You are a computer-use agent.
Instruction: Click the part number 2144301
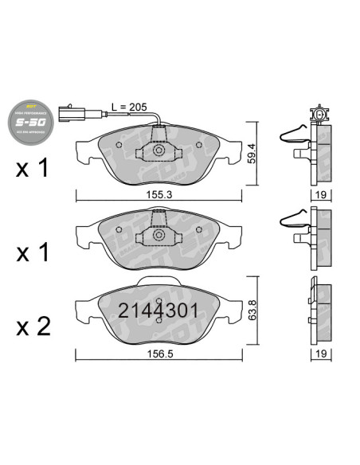[157, 311]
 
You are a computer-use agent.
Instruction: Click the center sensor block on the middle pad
[158, 232]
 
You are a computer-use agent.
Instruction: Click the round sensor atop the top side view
[320, 115]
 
